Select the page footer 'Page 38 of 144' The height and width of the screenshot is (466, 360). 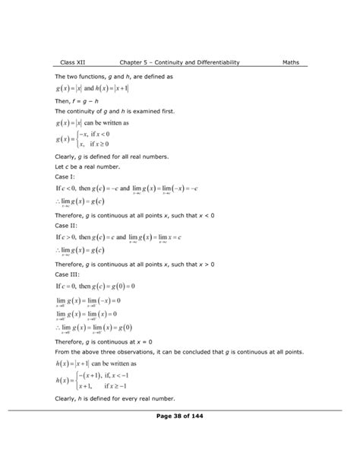179,417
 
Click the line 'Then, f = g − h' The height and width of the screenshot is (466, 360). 82,101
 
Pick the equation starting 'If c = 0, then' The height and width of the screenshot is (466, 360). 95,287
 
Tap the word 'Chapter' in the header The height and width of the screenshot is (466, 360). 135,63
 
